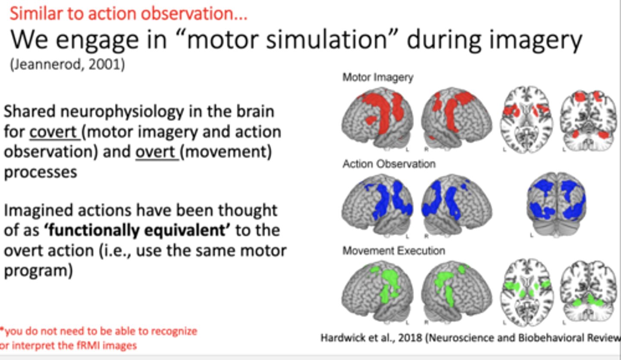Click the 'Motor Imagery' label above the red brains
(378, 78)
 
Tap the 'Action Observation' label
(389, 164)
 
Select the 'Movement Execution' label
(394, 251)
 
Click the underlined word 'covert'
(54, 132)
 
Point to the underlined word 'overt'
(157, 152)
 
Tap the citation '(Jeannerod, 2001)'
(67, 65)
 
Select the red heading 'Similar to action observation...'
(129, 14)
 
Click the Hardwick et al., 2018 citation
(470, 338)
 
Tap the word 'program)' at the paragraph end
(38, 271)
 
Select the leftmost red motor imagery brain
(378, 115)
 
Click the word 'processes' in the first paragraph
(41, 172)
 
